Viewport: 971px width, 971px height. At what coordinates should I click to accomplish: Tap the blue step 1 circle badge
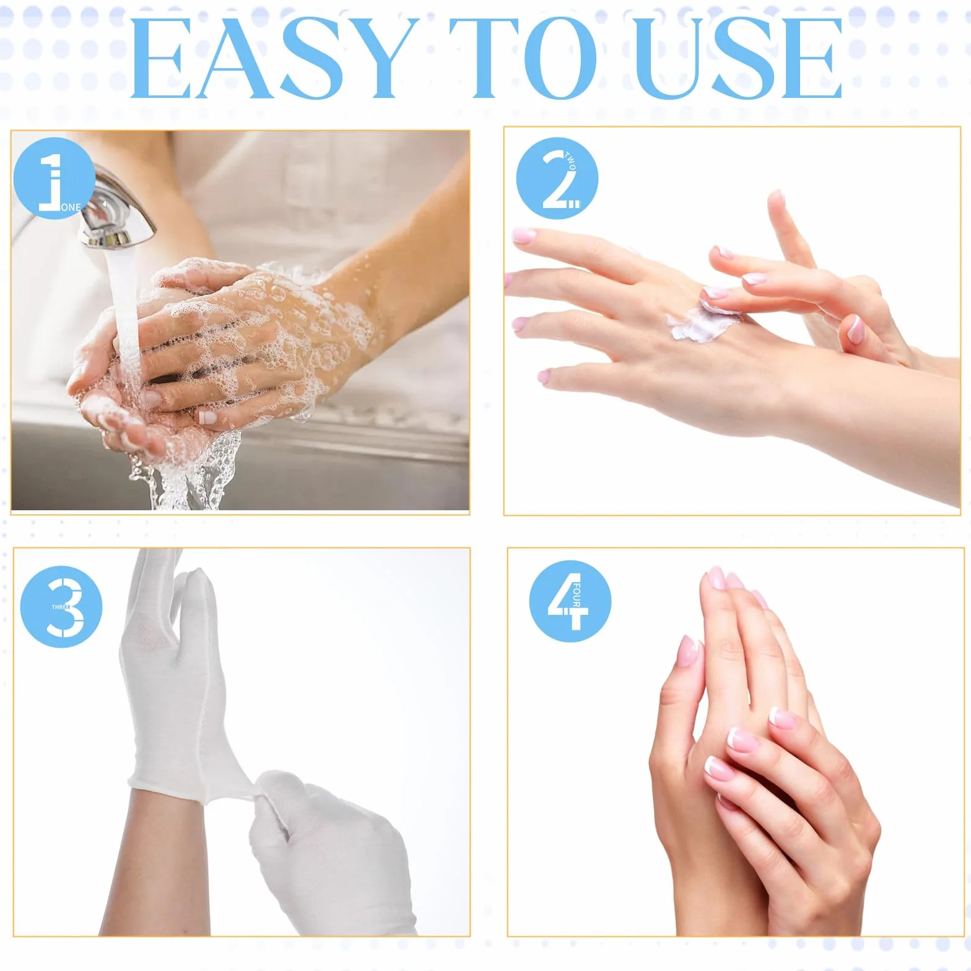[54, 179]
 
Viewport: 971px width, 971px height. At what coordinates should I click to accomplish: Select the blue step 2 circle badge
[557, 178]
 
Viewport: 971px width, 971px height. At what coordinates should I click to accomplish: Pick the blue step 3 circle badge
[61, 606]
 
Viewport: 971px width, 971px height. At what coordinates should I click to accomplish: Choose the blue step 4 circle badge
[570, 601]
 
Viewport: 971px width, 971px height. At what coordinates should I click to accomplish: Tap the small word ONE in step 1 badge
[71, 207]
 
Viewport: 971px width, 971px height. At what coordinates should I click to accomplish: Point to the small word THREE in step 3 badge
[61, 607]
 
